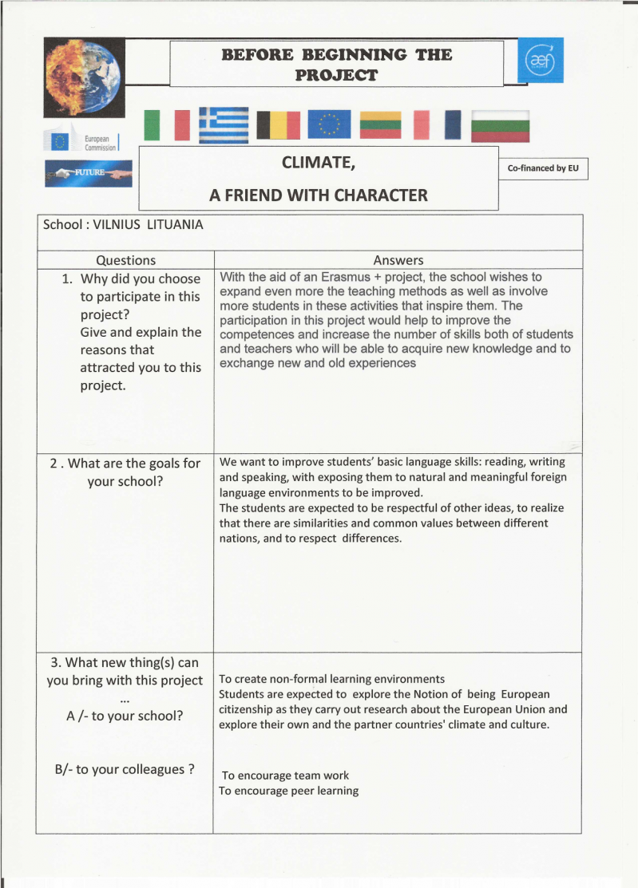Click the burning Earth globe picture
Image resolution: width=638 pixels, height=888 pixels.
pos(83,77)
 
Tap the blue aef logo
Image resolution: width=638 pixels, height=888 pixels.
pos(540,61)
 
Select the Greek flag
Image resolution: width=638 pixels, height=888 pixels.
pos(224,125)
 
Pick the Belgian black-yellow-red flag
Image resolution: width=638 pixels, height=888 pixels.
pos(279,125)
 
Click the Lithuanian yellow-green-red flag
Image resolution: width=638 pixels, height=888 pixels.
pos(380,125)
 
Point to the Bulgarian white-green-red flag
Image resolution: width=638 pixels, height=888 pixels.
pos(500,126)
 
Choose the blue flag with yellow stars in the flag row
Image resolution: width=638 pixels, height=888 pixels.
pos(328,125)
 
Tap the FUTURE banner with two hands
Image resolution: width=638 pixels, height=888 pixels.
pos(89,173)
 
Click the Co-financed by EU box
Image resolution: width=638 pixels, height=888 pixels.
pos(543,168)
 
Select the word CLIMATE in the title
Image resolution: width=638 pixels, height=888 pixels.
pos(318,164)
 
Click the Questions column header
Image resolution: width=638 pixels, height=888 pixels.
pos(125,260)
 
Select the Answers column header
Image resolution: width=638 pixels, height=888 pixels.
pos(398,260)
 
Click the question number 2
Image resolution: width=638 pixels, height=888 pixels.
pos(53,464)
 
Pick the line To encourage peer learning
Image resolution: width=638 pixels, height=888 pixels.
pos(288,791)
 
